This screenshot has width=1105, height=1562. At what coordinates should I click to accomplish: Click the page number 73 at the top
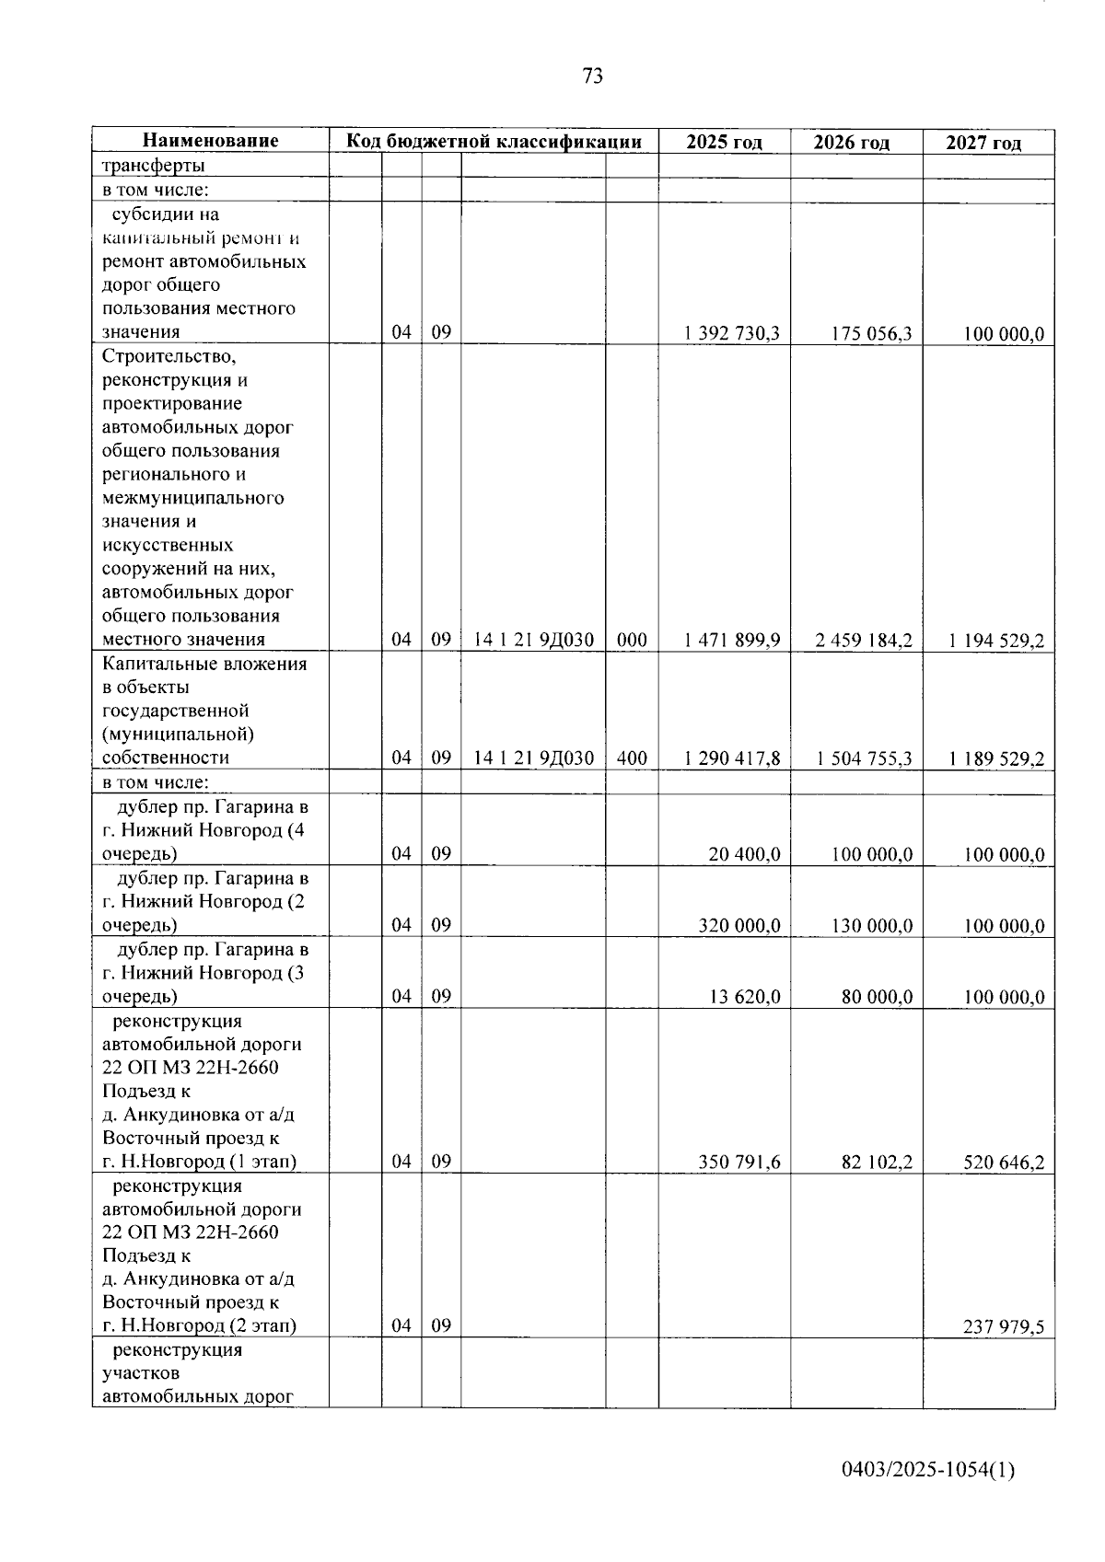tap(593, 76)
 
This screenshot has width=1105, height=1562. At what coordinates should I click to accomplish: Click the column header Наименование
tap(210, 141)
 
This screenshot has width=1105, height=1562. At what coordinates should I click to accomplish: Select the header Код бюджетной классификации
tap(494, 141)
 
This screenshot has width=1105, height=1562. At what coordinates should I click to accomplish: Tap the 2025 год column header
tap(725, 142)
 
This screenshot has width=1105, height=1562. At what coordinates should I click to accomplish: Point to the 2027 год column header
tap(984, 143)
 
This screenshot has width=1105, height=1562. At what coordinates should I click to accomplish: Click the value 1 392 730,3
tap(732, 333)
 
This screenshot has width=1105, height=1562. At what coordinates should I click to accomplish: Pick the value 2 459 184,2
tap(864, 641)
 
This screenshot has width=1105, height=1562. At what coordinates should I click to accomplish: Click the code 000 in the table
tap(632, 641)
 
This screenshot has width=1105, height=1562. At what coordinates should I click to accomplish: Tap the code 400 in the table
tap(632, 758)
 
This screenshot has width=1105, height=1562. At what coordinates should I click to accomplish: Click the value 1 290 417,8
tap(732, 758)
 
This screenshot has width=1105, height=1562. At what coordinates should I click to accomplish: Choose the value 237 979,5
tap(1004, 1327)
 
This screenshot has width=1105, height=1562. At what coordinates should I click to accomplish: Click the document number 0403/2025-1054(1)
tap(928, 1471)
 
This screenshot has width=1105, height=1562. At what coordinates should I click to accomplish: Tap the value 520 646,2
tap(1004, 1163)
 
